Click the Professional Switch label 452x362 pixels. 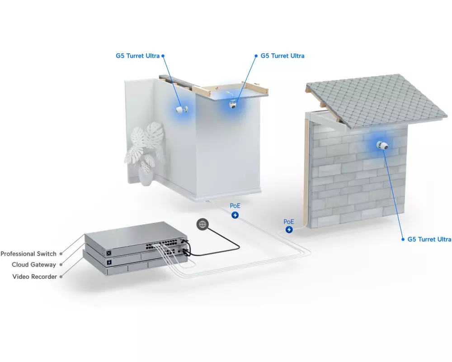(x=28, y=254)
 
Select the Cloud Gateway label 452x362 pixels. (x=34, y=265)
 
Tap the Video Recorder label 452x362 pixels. (x=35, y=276)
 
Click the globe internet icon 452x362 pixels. (x=202, y=224)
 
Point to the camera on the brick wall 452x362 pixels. (x=382, y=145)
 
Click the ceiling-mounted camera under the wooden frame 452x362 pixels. (x=232, y=104)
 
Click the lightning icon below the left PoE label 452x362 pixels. (x=235, y=215)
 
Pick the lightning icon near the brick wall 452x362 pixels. (x=289, y=229)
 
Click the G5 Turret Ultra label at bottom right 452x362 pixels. (x=429, y=239)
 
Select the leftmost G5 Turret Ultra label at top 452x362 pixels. (x=137, y=56)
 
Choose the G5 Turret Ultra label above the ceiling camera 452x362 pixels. (x=282, y=56)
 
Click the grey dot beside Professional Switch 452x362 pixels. (x=61, y=254)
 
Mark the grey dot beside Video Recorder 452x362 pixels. (x=61, y=276)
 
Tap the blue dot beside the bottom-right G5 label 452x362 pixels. (x=403, y=239)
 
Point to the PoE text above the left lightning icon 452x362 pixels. (x=235, y=206)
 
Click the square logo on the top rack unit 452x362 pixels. (x=109, y=253)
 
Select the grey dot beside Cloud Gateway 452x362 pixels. (x=61, y=265)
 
